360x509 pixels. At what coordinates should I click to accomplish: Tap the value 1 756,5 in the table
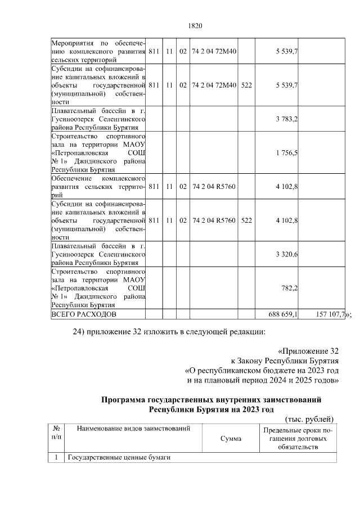coord(286,152)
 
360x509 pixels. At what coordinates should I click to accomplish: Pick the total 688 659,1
coord(283,314)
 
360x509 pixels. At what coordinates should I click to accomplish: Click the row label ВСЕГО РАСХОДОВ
coord(84,314)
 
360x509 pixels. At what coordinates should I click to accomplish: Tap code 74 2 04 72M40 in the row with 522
coord(214,85)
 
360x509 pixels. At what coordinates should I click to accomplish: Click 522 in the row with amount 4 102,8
coord(246,220)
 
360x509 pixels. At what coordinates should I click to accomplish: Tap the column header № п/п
coord(57,433)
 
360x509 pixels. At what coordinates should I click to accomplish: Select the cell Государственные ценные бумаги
coord(119,457)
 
